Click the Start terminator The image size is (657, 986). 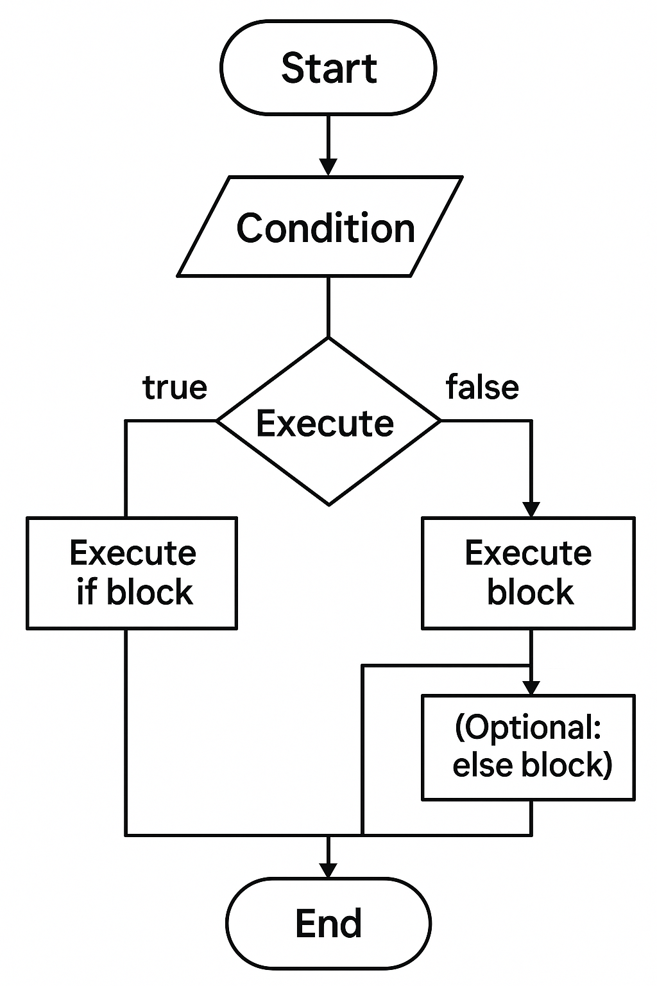coord(328,68)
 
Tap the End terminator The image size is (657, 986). coord(328,923)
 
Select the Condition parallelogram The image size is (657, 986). coord(320,227)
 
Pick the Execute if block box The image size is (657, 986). coord(132,573)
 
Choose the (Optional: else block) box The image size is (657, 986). coord(528,747)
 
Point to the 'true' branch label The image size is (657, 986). coord(175,388)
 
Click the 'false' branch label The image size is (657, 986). coord(482,388)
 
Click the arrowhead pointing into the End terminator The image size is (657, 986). coord(328,870)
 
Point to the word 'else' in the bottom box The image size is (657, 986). coord(474,765)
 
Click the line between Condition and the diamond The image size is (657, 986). coord(328,306)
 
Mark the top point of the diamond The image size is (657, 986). coord(328,339)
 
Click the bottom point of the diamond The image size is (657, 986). coord(328,505)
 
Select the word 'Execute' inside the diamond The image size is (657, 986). coord(325,424)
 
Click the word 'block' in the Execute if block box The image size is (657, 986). coord(149,592)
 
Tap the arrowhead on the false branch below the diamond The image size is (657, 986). coord(531,508)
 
